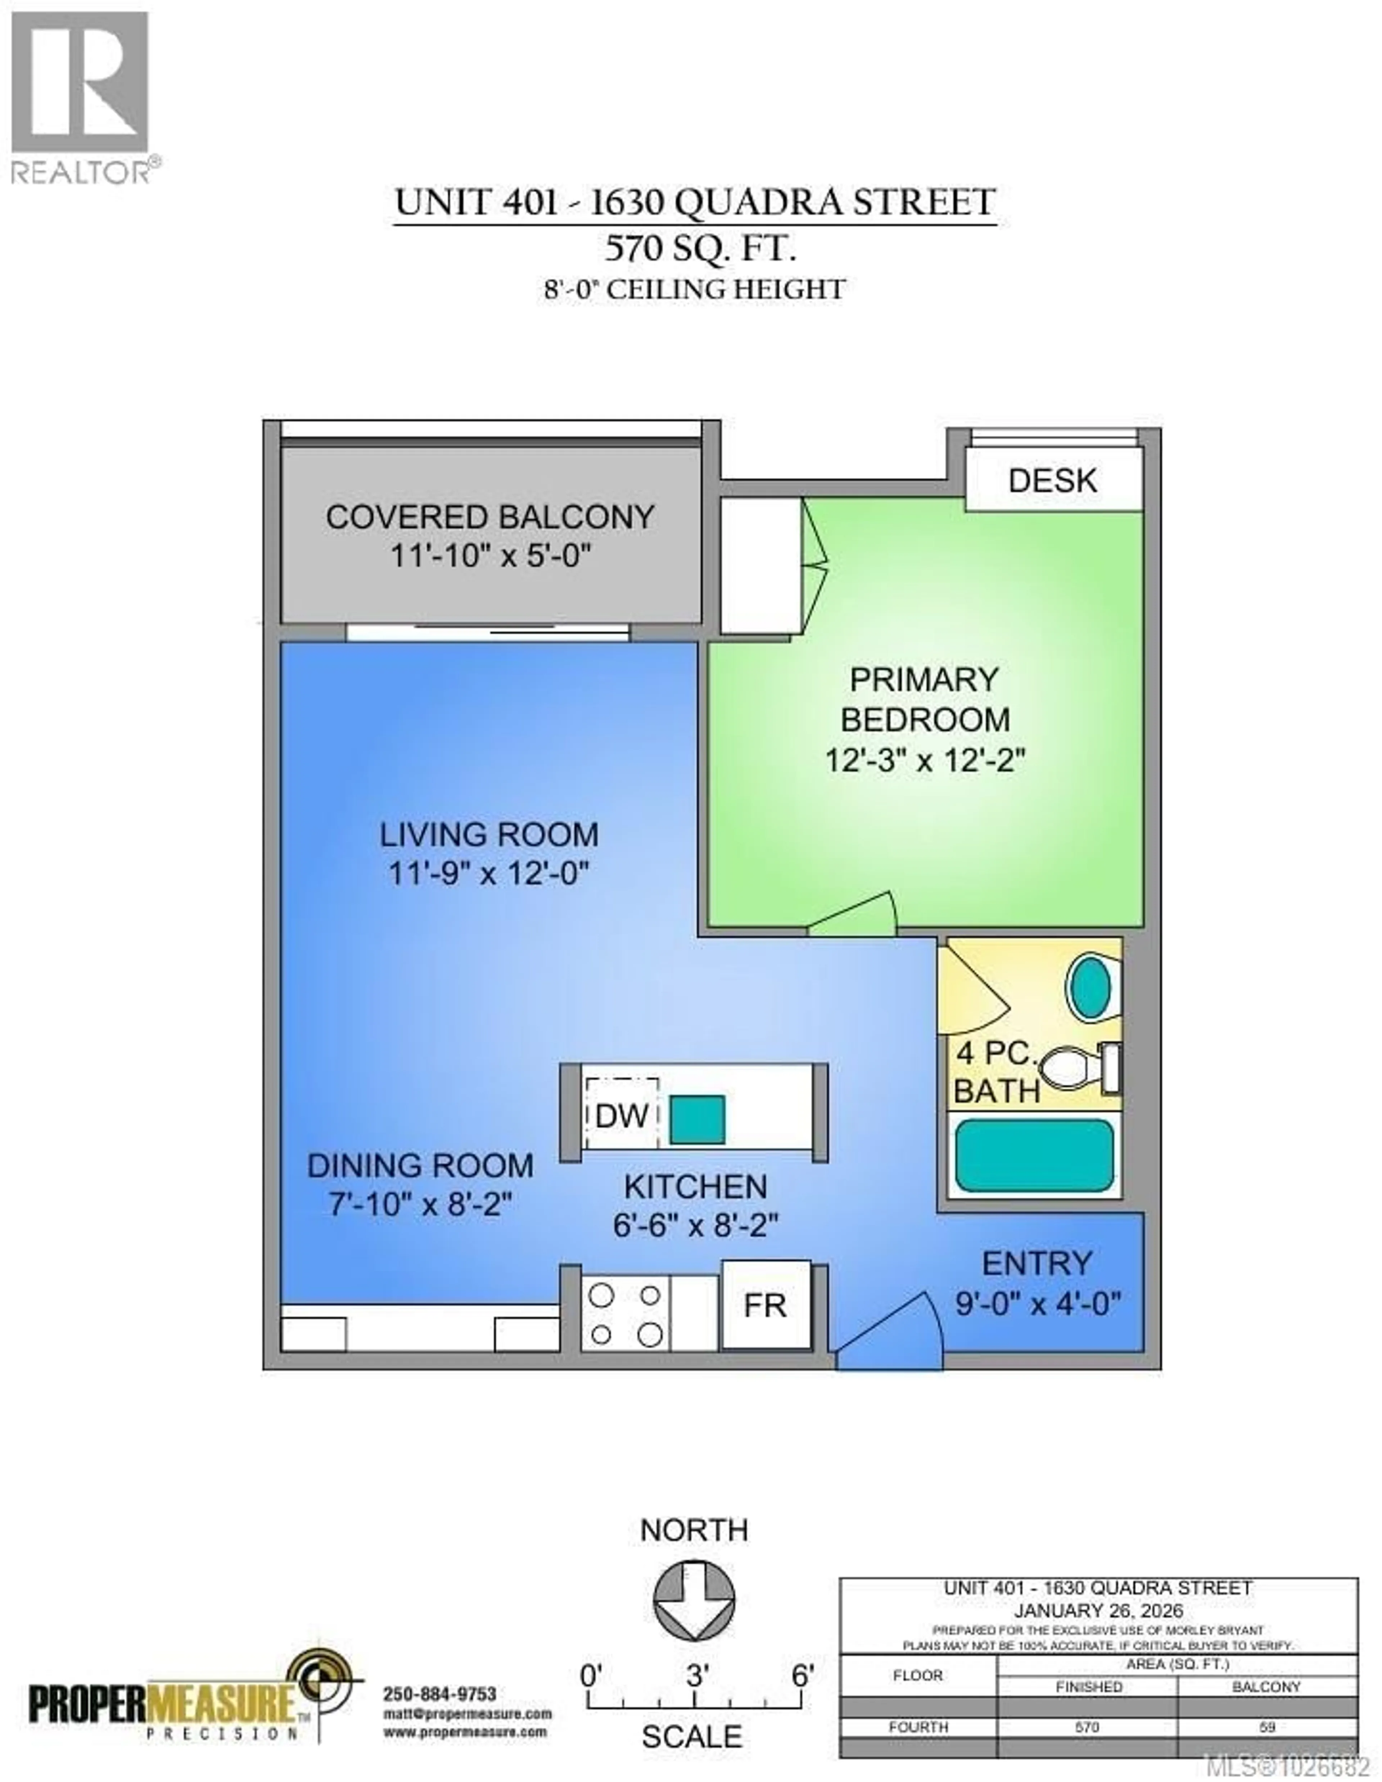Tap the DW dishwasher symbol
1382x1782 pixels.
coord(622,1116)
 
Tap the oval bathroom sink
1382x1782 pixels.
coord(1089,986)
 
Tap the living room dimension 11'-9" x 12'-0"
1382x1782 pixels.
coord(488,874)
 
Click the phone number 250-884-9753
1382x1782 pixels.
coord(440,1695)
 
